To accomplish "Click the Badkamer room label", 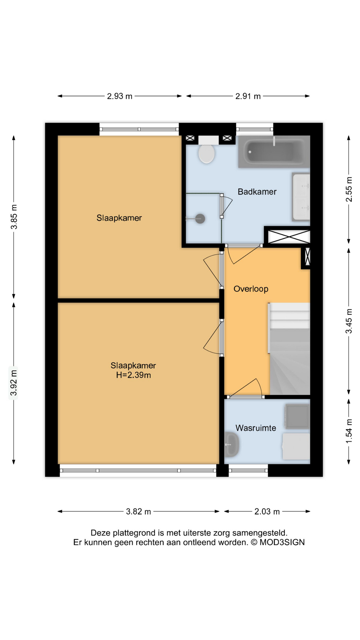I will [x=257, y=192].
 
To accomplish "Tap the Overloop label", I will [x=251, y=289].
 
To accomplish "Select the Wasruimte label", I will [x=256, y=428].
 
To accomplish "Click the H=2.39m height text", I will [x=133, y=375].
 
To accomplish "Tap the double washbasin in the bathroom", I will [x=301, y=197].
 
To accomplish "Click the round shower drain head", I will [x=200, y=219].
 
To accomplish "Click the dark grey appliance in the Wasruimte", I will [x=297, y=416].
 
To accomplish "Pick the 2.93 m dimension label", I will [x=120, y=96].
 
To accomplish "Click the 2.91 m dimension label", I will [x=248, y=96].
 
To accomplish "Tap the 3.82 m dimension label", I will [x=138, y=511].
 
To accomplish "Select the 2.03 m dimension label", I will [x=267, y=511].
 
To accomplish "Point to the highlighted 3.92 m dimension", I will [x=13, y=383].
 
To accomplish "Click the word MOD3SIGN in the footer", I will [x=282, y=542].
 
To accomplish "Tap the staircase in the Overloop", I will [x=289, y=350].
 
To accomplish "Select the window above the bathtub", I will [x=255, y=129].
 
